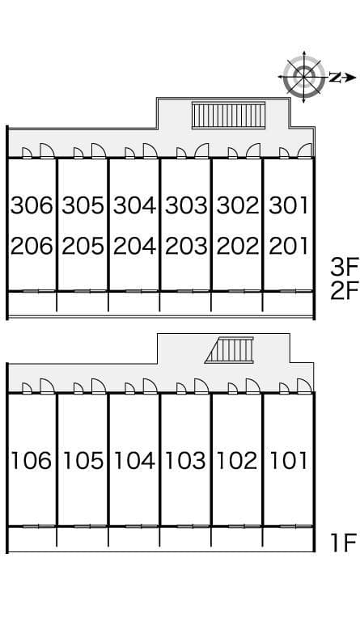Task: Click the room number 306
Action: click(32, 205)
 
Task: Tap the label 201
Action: click(289, 246)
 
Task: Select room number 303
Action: click(186, 205)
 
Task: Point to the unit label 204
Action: click(134, 246)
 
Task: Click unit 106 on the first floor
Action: click(31, 461)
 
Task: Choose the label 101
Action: click(288, 461)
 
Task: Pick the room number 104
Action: click(134, 461)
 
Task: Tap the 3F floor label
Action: click(345, 267)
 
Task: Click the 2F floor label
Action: click(345, 291)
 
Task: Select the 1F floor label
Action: click(344, 543)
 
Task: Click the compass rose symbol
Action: click(303, 77)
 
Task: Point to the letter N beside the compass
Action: click(335, 78)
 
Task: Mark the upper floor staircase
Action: click(228, 116)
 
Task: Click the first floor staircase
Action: click(229, 350)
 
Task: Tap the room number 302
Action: click(238, 205)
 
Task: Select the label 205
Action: click(83, 246)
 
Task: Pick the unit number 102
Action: click(237, 461)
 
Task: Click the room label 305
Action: click(83, 205)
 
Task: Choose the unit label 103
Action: click(185, 461)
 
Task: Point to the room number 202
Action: click(238, 246)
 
